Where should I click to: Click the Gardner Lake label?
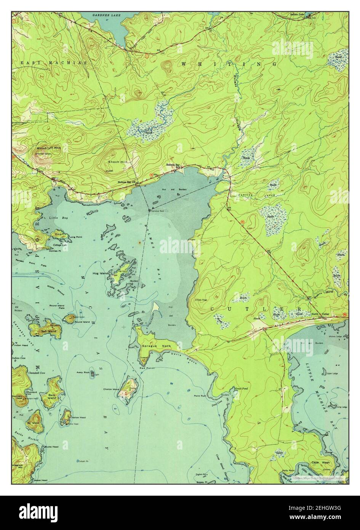click(103, 15)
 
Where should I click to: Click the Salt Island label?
click(49, 332)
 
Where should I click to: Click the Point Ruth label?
click(200, 396)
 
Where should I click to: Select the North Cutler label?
click(320, 314)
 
